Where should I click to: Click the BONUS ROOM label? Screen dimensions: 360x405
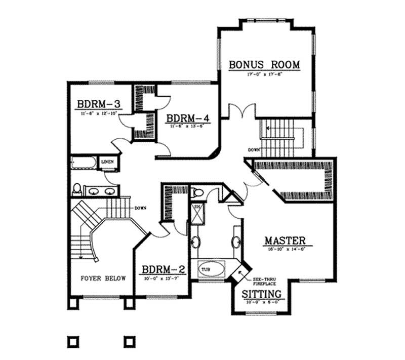(x=265, y=65)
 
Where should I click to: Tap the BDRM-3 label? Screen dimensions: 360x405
(x=98, y=104)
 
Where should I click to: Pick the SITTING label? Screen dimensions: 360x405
(x=261, y=294)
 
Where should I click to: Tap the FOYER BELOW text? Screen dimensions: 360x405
(x=104, y=278)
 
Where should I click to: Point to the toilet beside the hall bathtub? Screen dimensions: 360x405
(x=77, y=189)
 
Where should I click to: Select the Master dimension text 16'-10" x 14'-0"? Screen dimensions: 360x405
(x=285, y=249)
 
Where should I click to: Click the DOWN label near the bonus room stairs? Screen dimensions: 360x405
(x=254, y=150)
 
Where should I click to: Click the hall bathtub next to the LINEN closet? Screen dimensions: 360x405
(x=83, y=163)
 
